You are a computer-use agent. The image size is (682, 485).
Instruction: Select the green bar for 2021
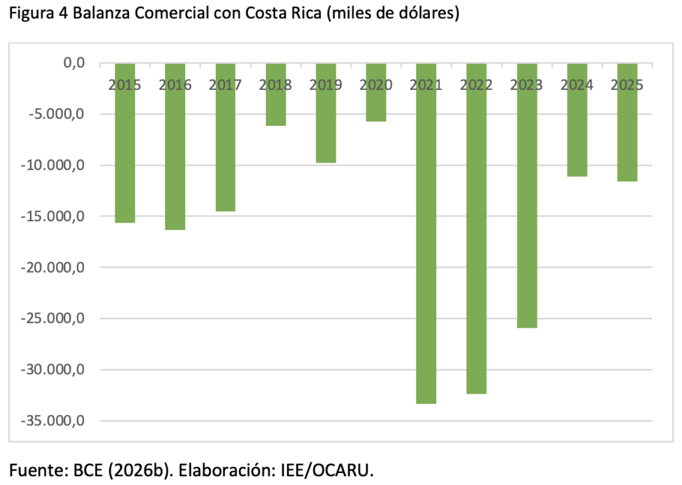coord(426,233)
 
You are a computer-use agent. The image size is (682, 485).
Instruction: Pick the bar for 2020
coord(376,100)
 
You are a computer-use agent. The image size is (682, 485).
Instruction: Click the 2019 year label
coord(326,85)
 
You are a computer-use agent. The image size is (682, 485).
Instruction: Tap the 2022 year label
coord(476,85)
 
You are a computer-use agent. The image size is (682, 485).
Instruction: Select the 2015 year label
coord(125,85)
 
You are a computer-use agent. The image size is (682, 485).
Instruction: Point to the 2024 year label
coord(577,85)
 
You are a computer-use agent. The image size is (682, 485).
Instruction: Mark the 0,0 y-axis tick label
coord(73,63)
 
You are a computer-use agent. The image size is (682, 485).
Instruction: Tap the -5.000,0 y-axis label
coord(59,115)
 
